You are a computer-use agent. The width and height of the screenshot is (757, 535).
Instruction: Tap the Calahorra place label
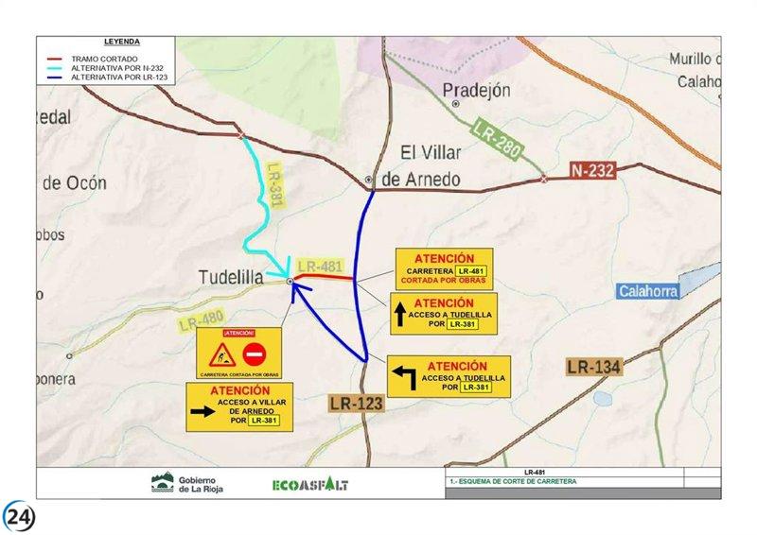648,291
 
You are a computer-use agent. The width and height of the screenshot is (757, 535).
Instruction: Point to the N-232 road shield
592,171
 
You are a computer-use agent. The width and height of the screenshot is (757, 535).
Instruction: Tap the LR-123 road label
358,404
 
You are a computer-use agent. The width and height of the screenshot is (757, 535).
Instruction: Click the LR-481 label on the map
319,267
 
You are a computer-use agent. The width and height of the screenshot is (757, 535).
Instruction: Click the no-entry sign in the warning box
254,355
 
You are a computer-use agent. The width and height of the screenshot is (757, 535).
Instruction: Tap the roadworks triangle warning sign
220,355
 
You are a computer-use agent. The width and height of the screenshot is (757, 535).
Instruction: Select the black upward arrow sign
400,315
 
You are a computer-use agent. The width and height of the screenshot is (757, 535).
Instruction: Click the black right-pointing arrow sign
203,411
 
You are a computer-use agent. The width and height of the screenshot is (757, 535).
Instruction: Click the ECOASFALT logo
309,484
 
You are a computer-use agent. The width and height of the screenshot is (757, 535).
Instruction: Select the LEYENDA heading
122,42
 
